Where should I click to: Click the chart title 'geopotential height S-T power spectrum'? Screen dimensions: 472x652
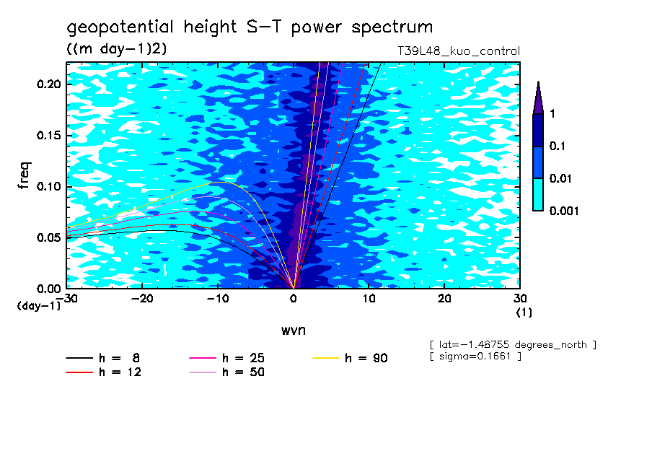(x=250, y=28)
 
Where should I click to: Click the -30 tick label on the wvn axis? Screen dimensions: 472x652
(x=67, y=297)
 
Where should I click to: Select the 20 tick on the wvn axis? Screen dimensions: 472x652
(x=445, y=297)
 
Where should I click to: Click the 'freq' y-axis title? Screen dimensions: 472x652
(x=24, y=175)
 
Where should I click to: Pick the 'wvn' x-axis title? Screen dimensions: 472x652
(x=293, y=330)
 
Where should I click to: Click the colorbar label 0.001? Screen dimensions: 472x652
(x=565, y=211)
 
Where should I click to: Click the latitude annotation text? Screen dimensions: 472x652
(x=512, y=344)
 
